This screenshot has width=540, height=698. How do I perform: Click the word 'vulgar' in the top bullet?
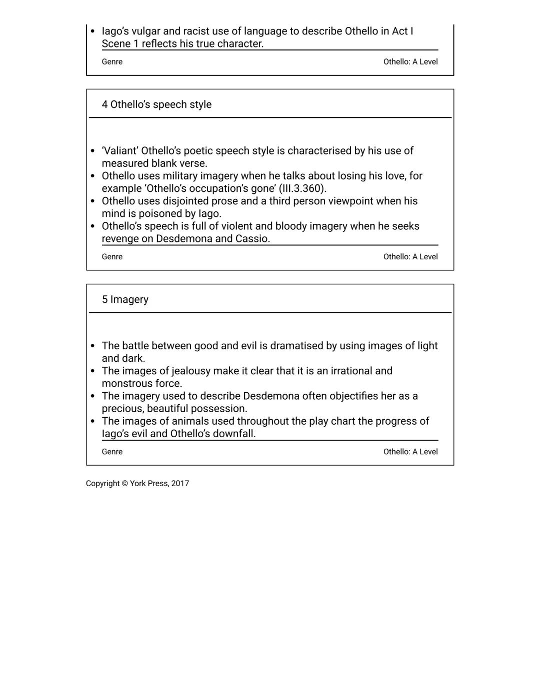[145, 31]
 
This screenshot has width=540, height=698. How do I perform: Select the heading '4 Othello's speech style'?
[156, 105]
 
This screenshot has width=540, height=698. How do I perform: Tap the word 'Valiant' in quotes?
[120, 151]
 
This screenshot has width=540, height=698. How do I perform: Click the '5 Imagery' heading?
[125, 300]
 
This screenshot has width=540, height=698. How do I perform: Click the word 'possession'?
[218, 409]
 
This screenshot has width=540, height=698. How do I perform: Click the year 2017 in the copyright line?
[180, 484]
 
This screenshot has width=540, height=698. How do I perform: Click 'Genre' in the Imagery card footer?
[112, 452]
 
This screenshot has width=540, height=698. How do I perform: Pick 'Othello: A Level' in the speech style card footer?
[410, 257]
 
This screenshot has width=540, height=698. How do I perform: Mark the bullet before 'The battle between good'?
[92, 346]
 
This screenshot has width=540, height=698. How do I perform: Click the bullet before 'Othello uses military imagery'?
[92, 176]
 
